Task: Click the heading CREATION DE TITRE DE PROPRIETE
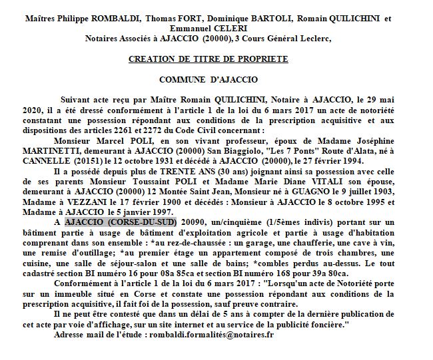tap(208, 59)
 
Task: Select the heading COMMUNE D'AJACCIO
tap(208, 78)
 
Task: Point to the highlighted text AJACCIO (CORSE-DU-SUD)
tap(121, 221)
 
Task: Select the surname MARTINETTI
tap(77, 151)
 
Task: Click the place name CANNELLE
tap(76, 161)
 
